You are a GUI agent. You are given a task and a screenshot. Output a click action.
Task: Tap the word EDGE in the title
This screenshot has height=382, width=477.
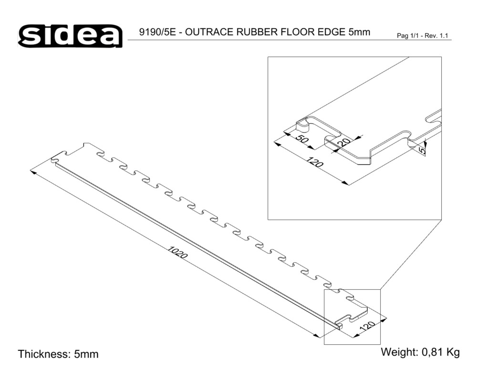[330, 32]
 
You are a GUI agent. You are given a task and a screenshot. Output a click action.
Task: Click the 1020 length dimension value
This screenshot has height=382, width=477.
[178, 253]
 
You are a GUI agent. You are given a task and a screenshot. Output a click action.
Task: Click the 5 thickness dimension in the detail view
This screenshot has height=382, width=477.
[422, 150]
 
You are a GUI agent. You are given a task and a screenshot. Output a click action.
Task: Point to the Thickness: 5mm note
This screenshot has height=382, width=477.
[58, 354]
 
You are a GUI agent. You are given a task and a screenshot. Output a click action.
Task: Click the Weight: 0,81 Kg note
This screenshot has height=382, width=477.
[420, 353]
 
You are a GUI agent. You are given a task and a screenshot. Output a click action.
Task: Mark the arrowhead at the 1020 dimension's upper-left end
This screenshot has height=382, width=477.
[33, 172]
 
